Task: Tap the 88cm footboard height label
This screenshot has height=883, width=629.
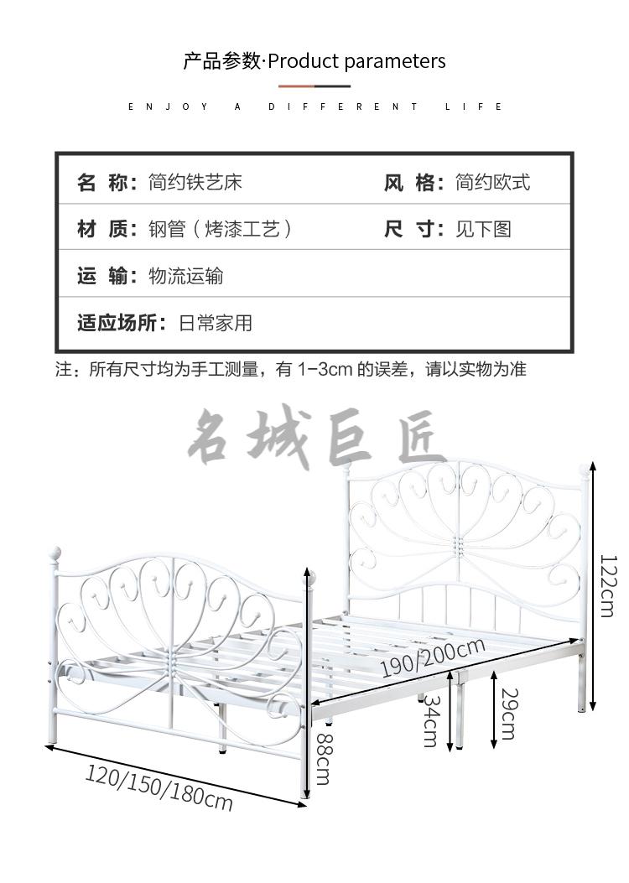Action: tap(324, 759)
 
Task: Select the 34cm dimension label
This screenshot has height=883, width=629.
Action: tap(431, 720)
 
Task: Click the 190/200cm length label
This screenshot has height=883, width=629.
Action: tap(433, 657)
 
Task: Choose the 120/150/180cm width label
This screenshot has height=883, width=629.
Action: tap(159, 787)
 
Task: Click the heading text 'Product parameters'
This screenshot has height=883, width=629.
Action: tap(356, 61)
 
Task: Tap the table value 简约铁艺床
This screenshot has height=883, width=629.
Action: tap(195, 183)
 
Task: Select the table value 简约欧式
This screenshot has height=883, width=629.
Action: tap(493, 183)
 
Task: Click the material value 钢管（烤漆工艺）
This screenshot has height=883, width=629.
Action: tap(221, 229)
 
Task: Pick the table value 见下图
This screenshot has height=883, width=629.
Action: tap(483, 229)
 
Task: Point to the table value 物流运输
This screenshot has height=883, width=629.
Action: tap(186, 276)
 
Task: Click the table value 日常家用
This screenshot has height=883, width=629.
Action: tap(215, 323)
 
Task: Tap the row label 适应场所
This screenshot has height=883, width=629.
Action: tap(117, 323)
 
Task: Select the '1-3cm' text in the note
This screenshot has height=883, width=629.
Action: tap(325, 370)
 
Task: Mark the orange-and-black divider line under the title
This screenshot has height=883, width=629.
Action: tap(314, 86)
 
